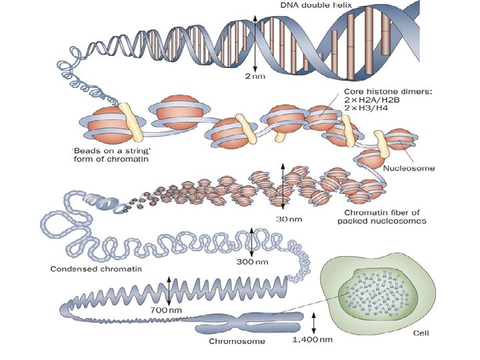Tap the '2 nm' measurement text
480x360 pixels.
click(x=255, y=77)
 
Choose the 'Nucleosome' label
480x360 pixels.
click(x=409, y=168)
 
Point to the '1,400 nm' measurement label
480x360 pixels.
click(x=313, y=341)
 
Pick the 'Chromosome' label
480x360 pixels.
click(x=237, y=342)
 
